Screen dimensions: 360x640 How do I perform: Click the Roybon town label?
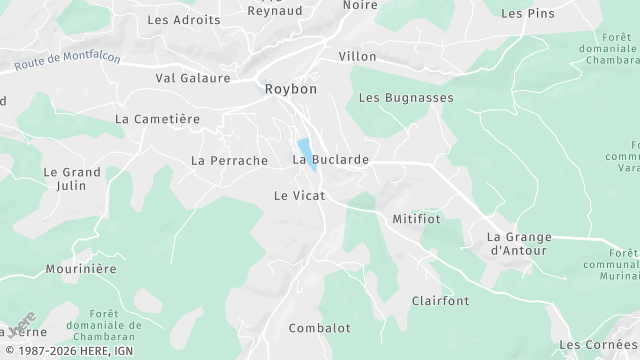click(x=291, y=89)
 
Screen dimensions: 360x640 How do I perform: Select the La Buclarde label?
click(x=331, y=160)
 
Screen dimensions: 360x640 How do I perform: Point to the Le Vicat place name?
click(x=300, y=196)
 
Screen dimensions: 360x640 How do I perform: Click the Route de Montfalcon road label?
click(x=68, y=62)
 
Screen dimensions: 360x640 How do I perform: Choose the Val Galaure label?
click(x=193, y=78)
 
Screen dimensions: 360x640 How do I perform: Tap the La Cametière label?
click(x=158, y=118)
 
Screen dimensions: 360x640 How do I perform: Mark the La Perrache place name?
click(x=229, y=160)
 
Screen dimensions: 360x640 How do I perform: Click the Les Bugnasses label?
click(x=406, y=98)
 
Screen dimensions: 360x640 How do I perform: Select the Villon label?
click(x=358, y=56)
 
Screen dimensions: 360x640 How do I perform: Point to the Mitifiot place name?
click(x=417, y=217)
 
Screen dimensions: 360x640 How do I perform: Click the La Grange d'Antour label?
click(x=519, y=243)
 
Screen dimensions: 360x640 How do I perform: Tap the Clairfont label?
click(x=440, y=300)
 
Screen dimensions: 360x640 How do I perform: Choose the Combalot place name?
click(x=319, y=328)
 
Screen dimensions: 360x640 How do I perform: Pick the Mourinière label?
click(x=81, y=269)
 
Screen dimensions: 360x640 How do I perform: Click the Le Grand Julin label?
click(x=72, y=178)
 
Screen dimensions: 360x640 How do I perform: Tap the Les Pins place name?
click(x=527, y=14)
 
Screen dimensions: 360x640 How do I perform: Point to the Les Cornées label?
click(x=598, y=344)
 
